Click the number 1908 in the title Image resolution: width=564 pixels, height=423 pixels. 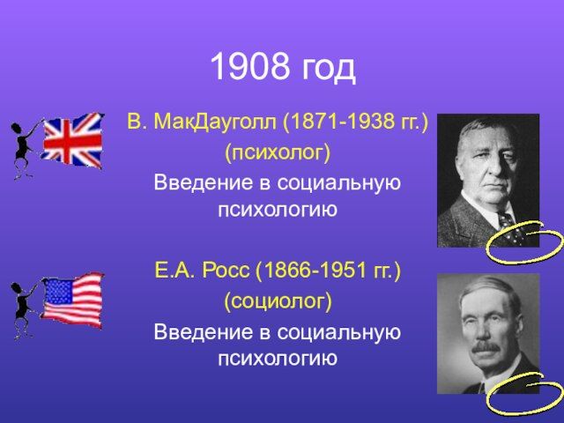tap(250, 67)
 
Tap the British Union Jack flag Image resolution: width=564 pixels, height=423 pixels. tap(72, 141)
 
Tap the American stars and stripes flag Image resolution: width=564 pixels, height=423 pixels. tap(72, 301)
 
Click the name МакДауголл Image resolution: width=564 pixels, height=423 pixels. tap(215, 122)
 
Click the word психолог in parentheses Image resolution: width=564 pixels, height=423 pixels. tap(278, 153)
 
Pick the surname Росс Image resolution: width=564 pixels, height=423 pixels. tap(226, 271)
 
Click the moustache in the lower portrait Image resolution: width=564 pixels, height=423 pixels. tap(486, 347)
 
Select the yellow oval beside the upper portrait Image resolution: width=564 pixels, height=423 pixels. tap(523, 242)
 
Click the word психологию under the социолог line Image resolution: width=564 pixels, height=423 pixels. tap(278, 360)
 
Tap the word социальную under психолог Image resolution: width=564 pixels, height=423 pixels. tap(338, 183)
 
